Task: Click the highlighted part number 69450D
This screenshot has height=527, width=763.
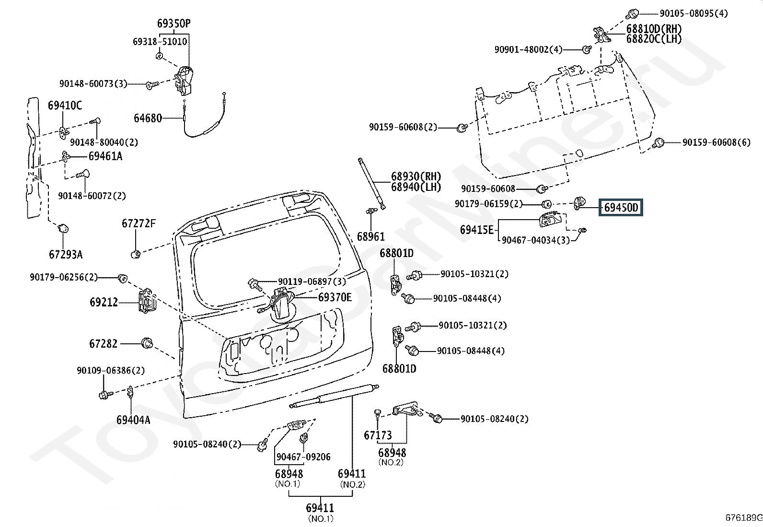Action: click(621, 207)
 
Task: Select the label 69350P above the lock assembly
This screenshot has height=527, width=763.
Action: click(173, 23)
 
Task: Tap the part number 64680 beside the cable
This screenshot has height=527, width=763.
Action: click(148, 118)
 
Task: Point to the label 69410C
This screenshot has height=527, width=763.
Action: click(65, 105)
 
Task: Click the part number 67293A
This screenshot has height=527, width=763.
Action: click(66, 254)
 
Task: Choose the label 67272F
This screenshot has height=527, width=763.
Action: click(139, 223)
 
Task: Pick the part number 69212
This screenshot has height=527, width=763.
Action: click(104, 302)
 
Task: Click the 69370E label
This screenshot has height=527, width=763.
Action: click(335, 297)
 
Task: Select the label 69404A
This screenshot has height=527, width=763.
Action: click(133, 420)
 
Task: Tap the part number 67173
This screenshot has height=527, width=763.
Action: click(378, 435)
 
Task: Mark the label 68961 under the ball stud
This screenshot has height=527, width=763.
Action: click(370, 236)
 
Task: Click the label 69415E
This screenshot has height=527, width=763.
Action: click(476, 230)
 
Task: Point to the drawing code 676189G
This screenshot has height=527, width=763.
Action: click(744, 517)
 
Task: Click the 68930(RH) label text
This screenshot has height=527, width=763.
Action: click(416, 176)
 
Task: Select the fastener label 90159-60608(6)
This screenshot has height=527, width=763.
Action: click(717, 142)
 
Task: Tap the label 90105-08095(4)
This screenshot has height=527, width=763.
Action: click(694, 13)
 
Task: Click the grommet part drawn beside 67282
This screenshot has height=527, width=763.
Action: click(147, 343)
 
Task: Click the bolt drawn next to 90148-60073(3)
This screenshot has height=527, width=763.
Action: click(152, 84)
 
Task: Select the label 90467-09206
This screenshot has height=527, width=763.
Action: click(303, 457)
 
